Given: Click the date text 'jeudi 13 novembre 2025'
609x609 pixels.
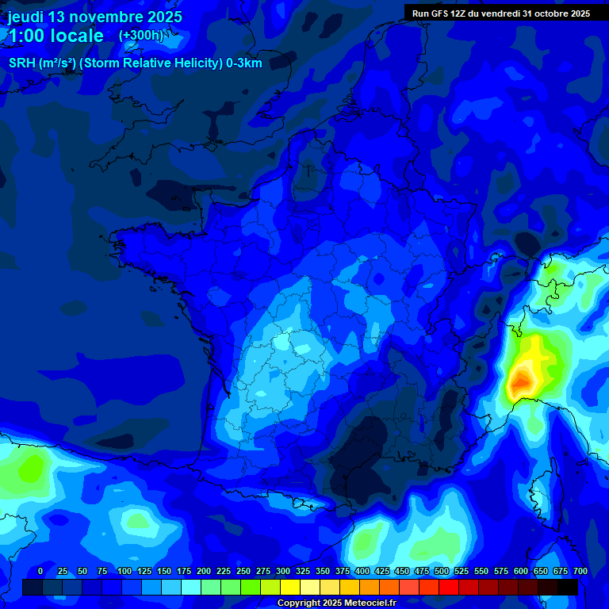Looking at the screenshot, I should click(x=94, y=17).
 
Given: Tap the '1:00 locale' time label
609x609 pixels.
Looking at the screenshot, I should click(x=55, y=36).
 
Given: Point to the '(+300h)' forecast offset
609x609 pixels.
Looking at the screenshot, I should click(x=140, y=36).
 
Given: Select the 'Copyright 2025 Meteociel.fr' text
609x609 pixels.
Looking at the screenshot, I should click(x=336, y=603).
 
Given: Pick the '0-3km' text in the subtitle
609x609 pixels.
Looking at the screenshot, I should click(x=244, y=63).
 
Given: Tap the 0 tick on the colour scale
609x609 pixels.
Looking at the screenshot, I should click(x=40, y=571).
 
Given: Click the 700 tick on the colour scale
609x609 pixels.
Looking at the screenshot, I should click(x=580, y=571).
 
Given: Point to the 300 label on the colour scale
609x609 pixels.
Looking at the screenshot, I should click(x=283, y=571).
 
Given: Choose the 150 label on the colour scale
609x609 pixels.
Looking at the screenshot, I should click(x=164, y=571).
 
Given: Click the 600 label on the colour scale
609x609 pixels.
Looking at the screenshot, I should click(x=521, y=571).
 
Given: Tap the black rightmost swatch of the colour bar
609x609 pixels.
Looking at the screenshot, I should click(x=568, y=587).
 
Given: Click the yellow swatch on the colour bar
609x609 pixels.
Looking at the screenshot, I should click(x=290, y=587).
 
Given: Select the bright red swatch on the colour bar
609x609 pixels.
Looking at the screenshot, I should click(x=449, y=587).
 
